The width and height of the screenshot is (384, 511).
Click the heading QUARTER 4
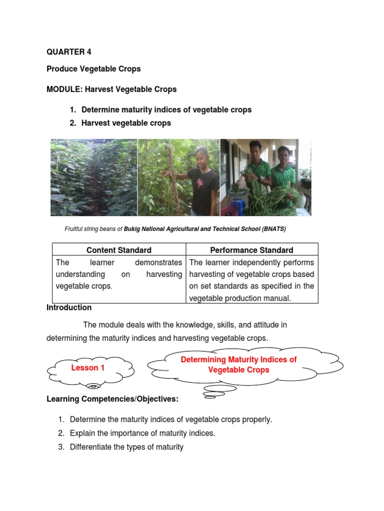coord(69,52)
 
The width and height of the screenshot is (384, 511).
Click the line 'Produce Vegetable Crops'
coord(93,69)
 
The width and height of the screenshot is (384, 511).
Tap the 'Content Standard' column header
coord(119,250)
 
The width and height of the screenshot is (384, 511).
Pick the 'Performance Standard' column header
coord(252,250)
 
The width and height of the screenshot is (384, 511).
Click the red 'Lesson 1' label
coord(88,368)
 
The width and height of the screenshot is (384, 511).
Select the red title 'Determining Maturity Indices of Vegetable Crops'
coord(238,364)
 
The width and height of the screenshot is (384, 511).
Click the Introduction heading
coord(69,307)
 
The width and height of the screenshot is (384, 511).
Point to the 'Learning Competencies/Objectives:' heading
coord(112,399)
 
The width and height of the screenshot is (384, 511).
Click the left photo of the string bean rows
coord(93,177)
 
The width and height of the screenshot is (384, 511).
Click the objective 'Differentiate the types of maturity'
coord(126,447)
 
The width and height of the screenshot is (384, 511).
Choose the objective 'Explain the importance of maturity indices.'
coord(142,433)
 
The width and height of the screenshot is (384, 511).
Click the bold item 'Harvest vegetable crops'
coord(126,123)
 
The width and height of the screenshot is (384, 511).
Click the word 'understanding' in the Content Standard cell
coord(80,274)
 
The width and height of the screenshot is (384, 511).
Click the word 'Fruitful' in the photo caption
coord(74,229)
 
